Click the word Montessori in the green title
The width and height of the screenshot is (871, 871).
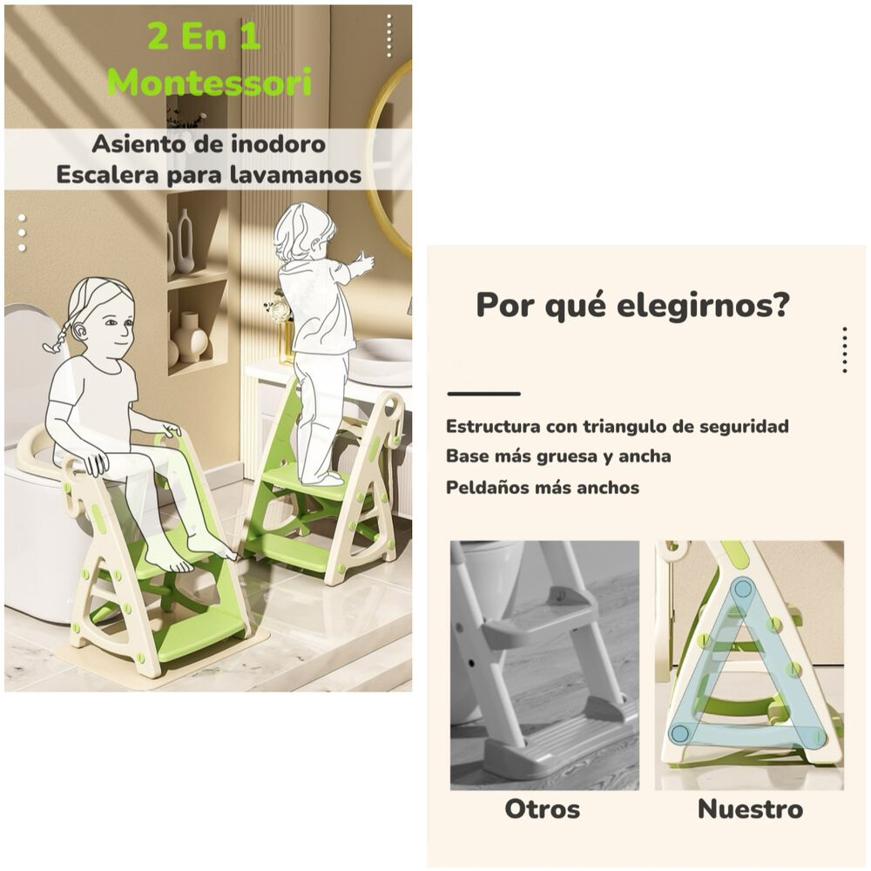pos(209,83)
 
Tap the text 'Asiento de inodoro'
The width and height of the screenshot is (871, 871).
pos(209,144)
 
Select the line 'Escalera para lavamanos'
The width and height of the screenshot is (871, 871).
pos(209,174)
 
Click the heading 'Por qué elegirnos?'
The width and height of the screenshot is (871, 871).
pos(633,306)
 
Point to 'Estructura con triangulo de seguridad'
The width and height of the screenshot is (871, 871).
pos(617,427)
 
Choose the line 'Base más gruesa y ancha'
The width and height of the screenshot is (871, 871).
pos(558,456)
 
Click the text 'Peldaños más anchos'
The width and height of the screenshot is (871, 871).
pos(543,488)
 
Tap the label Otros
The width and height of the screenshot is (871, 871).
pos(542,809)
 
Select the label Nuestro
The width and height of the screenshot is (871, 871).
pos(750,809)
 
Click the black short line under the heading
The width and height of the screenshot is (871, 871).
pos(483,394)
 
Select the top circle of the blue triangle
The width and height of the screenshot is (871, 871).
pos(742,589)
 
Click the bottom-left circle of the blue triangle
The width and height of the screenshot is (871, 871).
pos(679,733)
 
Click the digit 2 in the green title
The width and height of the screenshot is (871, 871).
pos(159,37)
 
